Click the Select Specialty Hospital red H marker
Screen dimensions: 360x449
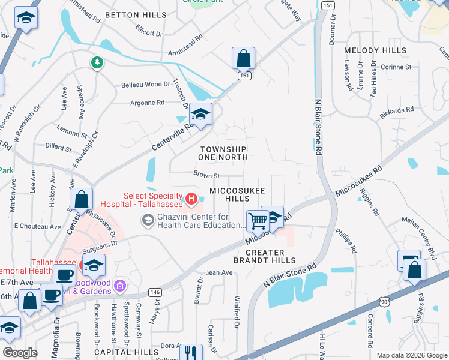point(191,197)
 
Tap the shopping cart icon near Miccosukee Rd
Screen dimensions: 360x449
point(258,220)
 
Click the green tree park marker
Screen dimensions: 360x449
point(96,62)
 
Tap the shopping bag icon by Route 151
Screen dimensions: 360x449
point(243,59)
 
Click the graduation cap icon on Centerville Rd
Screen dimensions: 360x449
point(202,114)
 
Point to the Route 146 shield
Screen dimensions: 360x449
point(155,292)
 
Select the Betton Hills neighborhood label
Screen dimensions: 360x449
point(136,14)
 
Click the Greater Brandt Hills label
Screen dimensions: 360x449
point(265,256)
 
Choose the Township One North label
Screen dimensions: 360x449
point(223,153)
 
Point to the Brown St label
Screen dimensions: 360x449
point(206,176)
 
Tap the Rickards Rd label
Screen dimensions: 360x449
point(398,110)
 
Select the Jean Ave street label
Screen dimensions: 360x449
point(219,272)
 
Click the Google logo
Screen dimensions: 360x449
point(20,353)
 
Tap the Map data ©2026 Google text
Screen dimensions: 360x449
point(412,355)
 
